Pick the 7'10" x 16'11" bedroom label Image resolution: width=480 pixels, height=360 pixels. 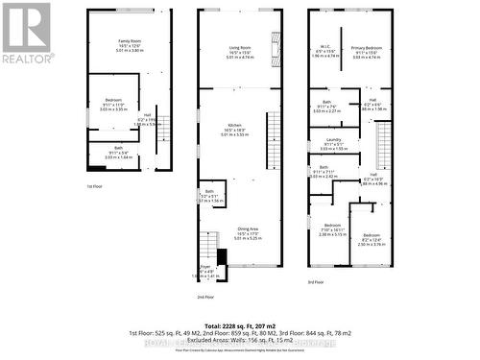(331, 229)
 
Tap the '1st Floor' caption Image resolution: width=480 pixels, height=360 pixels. (94, 185)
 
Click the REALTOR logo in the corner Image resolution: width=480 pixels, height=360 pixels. (26, 33)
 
